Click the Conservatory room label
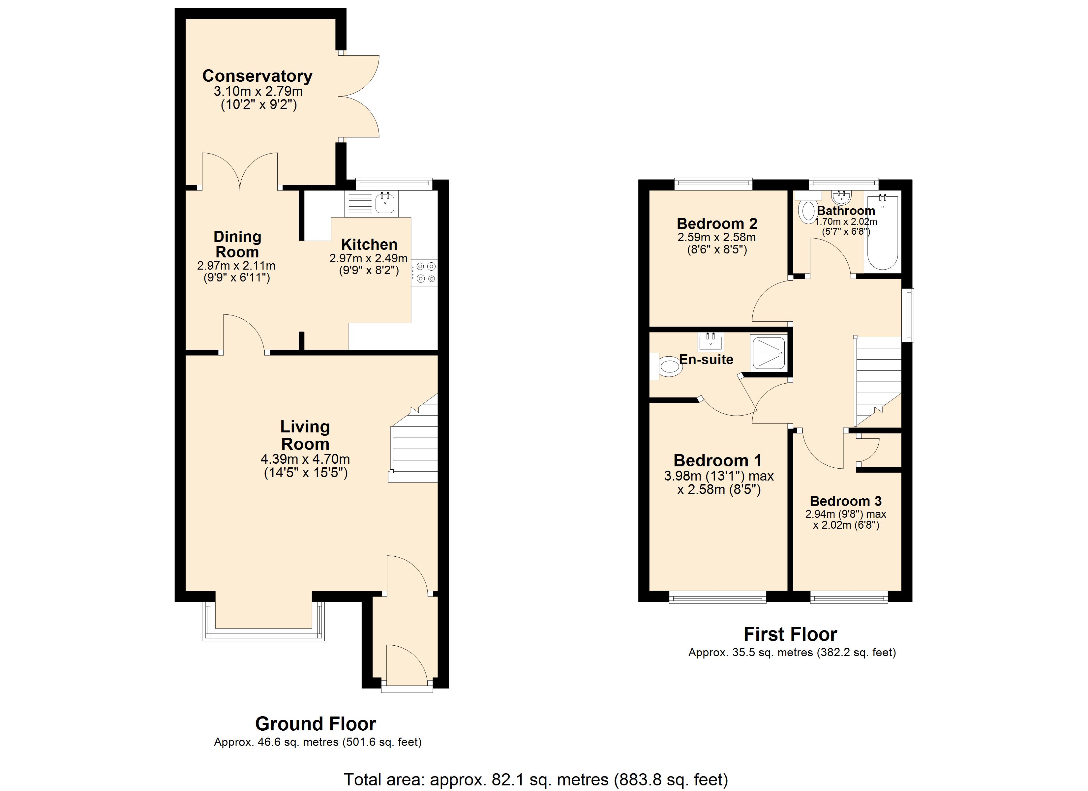click(257, 76)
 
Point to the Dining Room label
click(237, 244)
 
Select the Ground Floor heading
click(316, 723)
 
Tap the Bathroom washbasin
click(841, 197)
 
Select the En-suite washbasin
click(710, 341)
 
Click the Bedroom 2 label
click(717, 223)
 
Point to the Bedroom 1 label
click(718, 460)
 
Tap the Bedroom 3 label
click(846, 501)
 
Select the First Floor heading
click(791, 634)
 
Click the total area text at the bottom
click(536, 779)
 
